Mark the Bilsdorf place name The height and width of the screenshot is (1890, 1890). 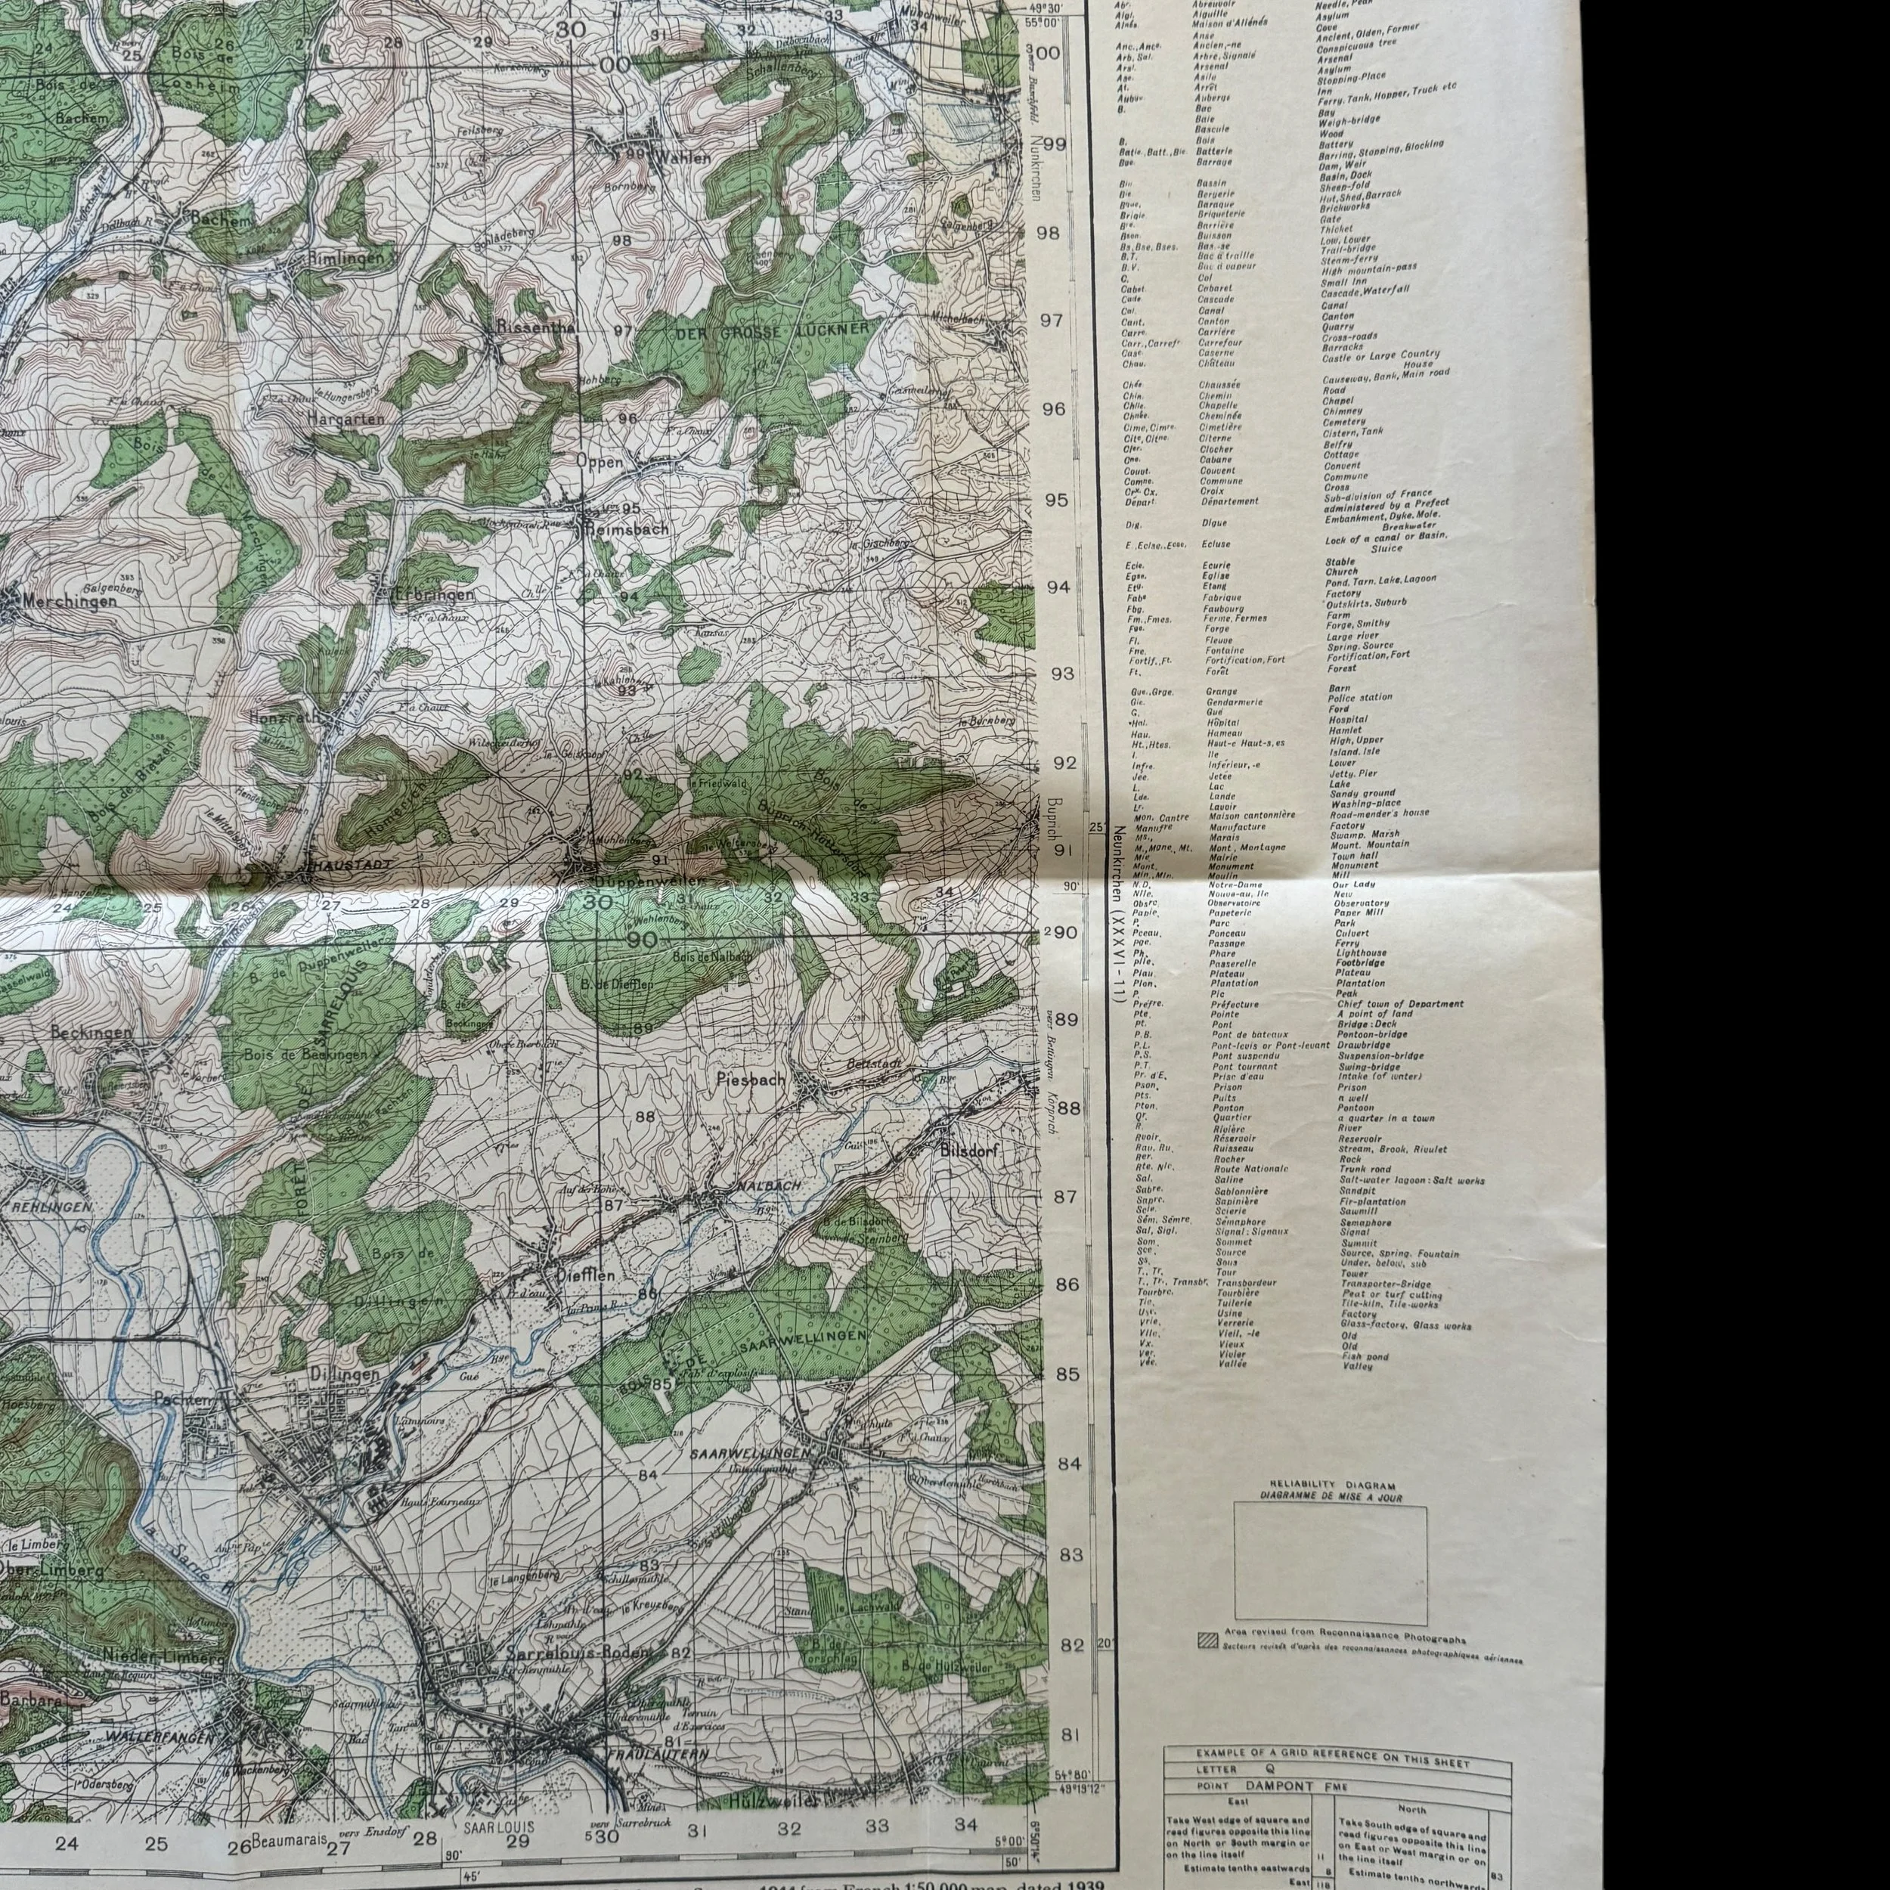pyautogui.click(x=968, y=1151)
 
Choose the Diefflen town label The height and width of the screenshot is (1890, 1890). pyautogui.click(x=585, y=1275)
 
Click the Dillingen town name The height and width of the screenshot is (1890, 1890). pyautogui.click(x=343, y=1374)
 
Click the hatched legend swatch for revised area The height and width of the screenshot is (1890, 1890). pyautogui.click(x=1207, y=1641)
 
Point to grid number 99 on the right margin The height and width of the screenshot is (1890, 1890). pyautogui.click(x=1054, y=144)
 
